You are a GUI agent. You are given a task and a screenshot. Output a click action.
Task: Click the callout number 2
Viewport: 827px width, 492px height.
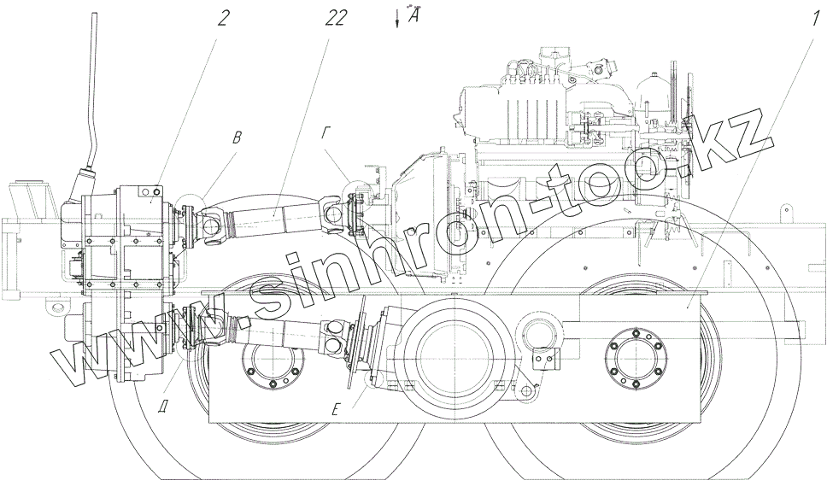(223, 19)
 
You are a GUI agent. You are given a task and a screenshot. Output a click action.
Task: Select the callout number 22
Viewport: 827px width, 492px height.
(336, 19)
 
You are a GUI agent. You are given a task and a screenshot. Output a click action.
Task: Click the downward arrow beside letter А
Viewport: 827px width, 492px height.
(396, 18)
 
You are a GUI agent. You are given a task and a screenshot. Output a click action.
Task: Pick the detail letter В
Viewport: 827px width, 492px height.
(238, 138)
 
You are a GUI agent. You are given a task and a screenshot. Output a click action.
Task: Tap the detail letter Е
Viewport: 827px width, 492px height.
(336, 408)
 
